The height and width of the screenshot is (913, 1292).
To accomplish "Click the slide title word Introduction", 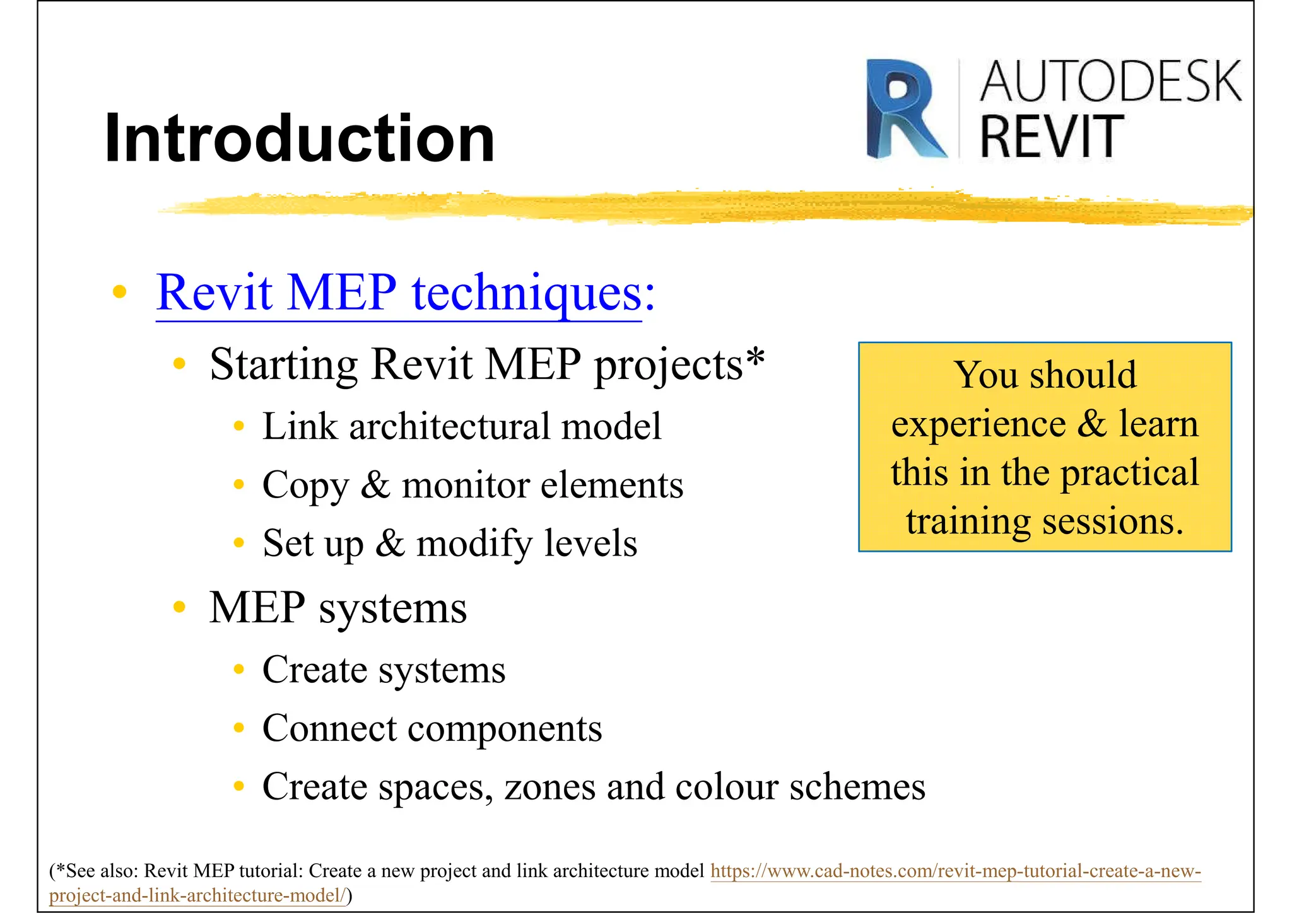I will point(300,139).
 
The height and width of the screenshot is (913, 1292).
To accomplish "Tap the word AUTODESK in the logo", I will point(1110,82).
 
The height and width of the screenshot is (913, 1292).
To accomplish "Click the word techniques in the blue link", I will point(527,293).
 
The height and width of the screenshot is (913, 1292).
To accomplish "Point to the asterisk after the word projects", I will point(755,358).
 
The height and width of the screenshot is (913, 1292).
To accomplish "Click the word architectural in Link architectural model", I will point(449,426).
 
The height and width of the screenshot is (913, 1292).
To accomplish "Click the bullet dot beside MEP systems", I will point(180,607).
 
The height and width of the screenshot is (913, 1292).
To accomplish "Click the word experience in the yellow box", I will point(978,424).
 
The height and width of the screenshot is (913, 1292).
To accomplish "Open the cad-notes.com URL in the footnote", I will point(955,871).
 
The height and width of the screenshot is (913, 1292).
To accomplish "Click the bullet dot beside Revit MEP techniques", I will point(119,292).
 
